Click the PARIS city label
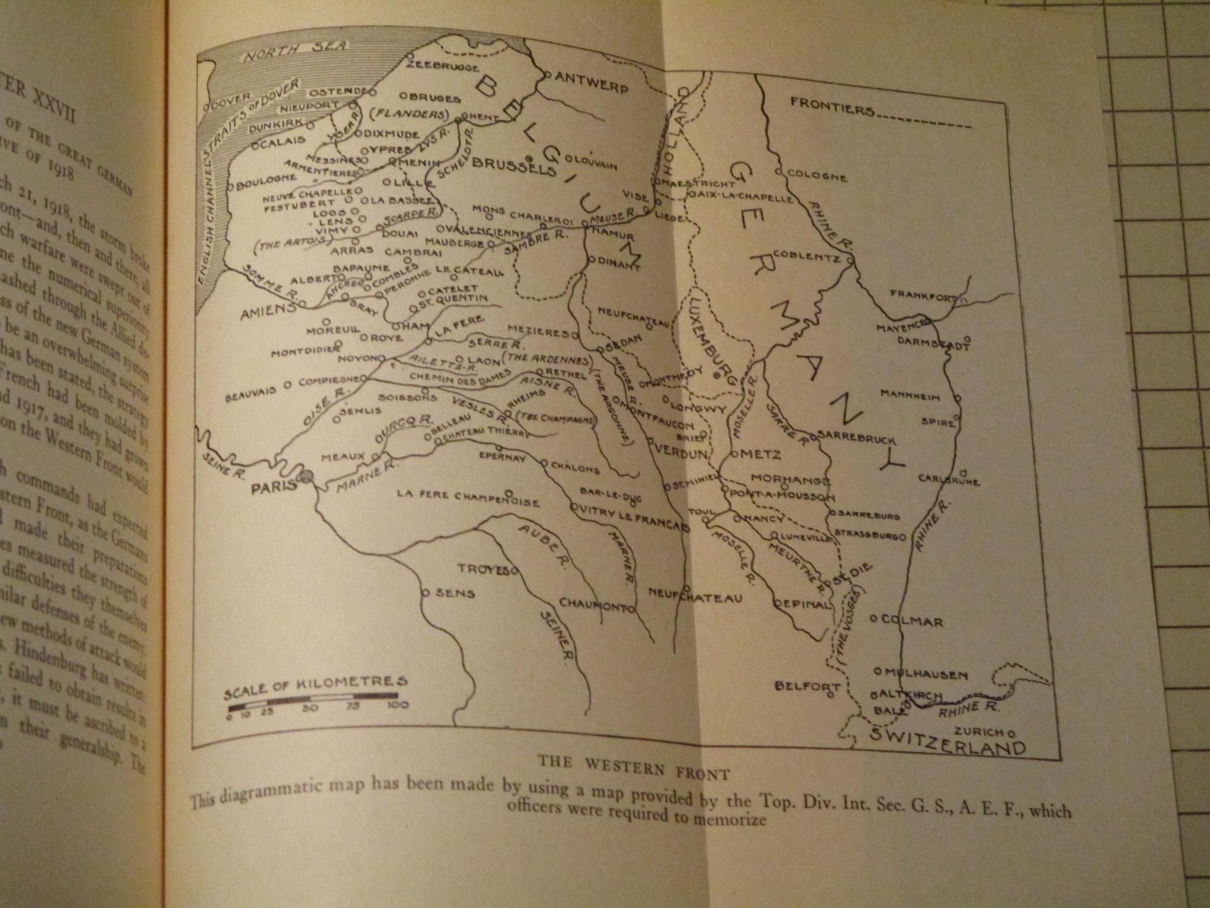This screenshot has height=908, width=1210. (275, 486)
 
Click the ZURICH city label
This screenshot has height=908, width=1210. (980, 731)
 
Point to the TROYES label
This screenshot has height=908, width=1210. (483, 569)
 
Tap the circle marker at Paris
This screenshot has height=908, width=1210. (306, 477)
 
